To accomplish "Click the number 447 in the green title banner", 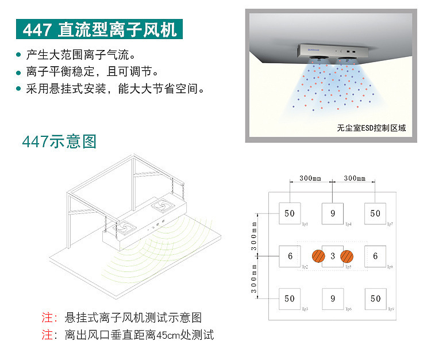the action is pyautogui.click(x=37, y=29).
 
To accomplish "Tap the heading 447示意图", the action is pyautogui.click(x=59, y=141).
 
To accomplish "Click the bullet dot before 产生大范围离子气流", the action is pyautogui.click(x=18, y=56).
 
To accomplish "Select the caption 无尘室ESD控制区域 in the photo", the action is pyautogui.click(x=371, y=128).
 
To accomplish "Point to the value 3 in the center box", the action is pyautogui.click(x=333, y=256).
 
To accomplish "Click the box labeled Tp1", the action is pyautogui.click(x=290, y=213).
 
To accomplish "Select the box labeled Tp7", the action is pyautogui.click(x=375, y=213).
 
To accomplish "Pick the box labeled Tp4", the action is pyautogui.click(x=333, y=213).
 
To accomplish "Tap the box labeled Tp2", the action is pyautogui.click(x=290, y=256).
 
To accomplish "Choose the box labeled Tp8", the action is pyautogui.click(x=375, y=256).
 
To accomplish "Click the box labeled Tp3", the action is pyautogui.click(x=290, y=298).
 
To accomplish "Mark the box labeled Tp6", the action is pyautogui.click(x=333, y=298).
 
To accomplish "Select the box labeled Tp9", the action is pyautogui.click(x=375, y=298).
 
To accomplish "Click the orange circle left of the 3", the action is pyautogui.click(x=317, y=256).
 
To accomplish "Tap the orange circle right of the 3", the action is pyautogui.click(x=347, y=256).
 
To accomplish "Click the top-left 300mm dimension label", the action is pyautogui.click(x=310, y=178).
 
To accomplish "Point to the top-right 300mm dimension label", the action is pyautogui.click(x=355, y=178).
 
